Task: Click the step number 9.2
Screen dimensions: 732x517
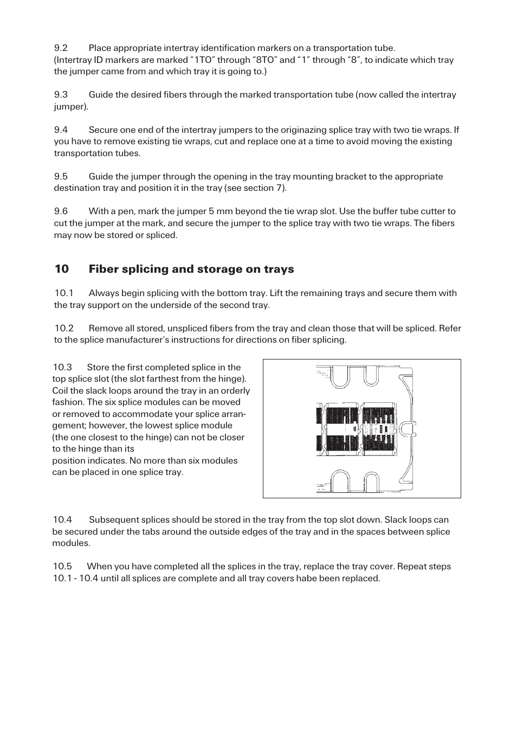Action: pyautogui.click(x=61, y=48)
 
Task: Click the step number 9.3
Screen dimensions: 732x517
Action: pyautogui.click(x=61, y=95)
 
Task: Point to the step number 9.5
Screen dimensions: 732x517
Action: pyautogui.click(x=61, y=177)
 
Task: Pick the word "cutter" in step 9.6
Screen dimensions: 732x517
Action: pyautogui.click(x=442, y=211)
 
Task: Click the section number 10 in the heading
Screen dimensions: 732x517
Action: pyautogui.click(x=61, y=269)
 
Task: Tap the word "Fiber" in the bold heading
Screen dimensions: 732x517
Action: pyautogui.click(x=105, y=269)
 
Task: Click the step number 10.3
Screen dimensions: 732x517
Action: pyautogui.click(x=62, y=368)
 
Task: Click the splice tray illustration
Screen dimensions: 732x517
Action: pyautogui.click(x=361, y=428)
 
